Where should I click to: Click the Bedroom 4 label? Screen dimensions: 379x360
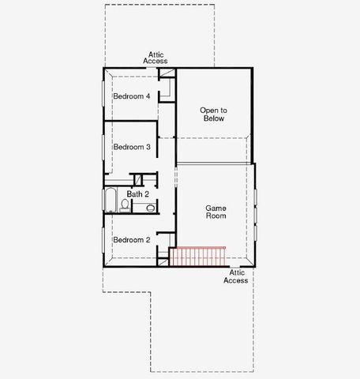pyautogui.click(x=131, y=96)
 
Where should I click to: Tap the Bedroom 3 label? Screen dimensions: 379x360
pyautogui.click(x=131, y=147)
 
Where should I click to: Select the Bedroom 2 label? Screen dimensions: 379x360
pyautogui.click(x=131, y=240)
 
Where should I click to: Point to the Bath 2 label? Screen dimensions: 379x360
pyautogui.click(x=138, y=193)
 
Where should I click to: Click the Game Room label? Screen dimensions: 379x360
pyautogui.click(x=216, y=210)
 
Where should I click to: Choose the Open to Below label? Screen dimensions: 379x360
pyautogui.click(x=213, y=114)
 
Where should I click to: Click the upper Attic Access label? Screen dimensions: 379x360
pyautogui.click(x=155, y=58)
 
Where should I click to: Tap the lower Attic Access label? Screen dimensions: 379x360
pyautogui.click(x=235, y=276)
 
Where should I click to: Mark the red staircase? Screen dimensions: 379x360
pyautogui.click(x=197, y=257)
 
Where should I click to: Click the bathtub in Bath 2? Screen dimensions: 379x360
pyautogui.click(x=110, y=201)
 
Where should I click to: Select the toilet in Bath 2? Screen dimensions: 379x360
pyautogui.click(x=125, y=205)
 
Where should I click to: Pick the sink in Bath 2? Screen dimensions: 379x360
pyautogui.click(x=150, y=208)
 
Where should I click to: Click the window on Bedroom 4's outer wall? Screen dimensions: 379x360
pyautogui.click(x=103, y=96)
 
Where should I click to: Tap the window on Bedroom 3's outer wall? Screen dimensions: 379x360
pyautogui.click(x=103, y=147)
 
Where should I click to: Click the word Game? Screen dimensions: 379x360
pyautogui.click(x=216, y=205)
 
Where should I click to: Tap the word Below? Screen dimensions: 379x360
pyautogui.click(x=213, y=118)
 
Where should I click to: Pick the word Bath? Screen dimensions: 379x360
pyautogui.click(x=134, y=193)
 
